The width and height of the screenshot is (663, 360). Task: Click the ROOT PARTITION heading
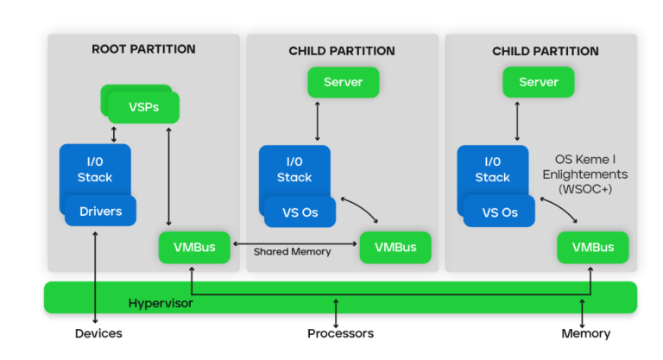coord(143,49)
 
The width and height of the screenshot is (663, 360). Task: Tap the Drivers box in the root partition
coord(100,212)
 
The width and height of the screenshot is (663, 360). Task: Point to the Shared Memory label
coord(292,252)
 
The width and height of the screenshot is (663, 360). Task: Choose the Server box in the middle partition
coord(343,82)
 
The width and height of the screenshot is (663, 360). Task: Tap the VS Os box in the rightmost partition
coord(499,212)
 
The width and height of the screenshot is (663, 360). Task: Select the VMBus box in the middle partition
coord(395,247)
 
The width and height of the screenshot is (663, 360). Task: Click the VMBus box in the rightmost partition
coord(592,247)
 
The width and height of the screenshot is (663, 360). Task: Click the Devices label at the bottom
coord(98,333)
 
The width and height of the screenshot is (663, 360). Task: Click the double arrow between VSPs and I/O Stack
coord(113,134)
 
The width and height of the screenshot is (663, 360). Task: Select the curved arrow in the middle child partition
coord(362,207)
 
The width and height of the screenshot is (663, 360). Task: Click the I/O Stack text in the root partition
coord(95,169)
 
